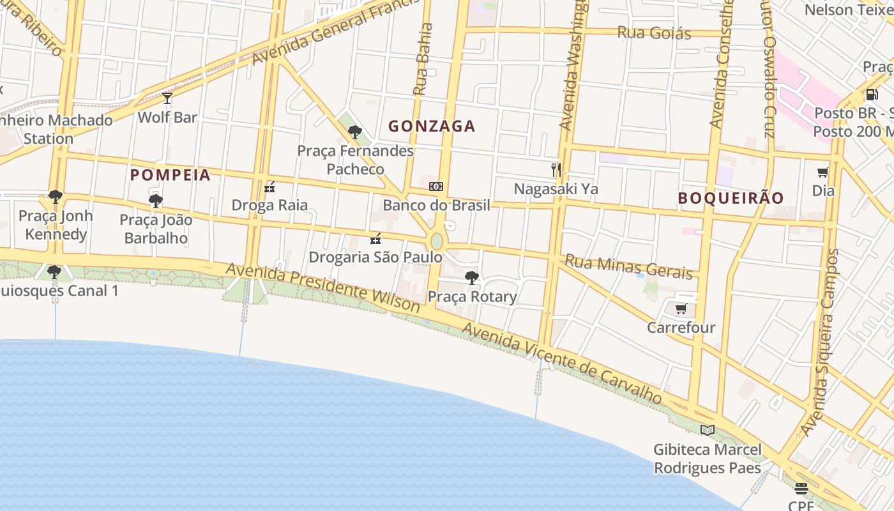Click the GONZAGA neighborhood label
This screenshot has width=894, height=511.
(x=432, y=126)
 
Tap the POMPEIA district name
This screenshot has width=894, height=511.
(x=170, y=175)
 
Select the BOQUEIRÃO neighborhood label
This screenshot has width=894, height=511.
(x=731, y=198)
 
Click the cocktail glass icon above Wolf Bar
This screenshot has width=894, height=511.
(x=167, y=98)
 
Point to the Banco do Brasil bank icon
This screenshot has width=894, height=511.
(x=436, y=187)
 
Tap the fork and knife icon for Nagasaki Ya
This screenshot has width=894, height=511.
(x=556, y=170)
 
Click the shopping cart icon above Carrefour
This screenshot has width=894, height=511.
(x=681, y=309)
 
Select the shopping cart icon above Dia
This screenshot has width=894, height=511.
(x=823, y=172)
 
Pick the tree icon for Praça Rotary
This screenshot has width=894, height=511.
(x=472, y=278)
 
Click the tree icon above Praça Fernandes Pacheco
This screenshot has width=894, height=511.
(x=355, y=132)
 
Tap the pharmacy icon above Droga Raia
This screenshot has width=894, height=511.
(x=269, y=187)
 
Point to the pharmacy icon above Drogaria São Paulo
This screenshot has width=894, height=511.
(x=375, y=239)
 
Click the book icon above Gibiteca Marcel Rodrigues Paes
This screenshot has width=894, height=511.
(x=707, y=430)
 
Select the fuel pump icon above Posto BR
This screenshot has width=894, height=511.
(x=872, y=95)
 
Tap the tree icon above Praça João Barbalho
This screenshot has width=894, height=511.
(x=156, y=201)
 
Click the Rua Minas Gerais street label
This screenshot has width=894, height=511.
(x=629, y=267)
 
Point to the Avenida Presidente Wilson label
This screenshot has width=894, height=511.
(x=322, y=287)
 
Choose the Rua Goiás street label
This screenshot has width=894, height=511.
(x=654, y=33)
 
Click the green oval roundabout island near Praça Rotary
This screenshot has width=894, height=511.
(x=437, y=241)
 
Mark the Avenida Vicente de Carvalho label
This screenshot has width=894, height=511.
(x=562, y=362)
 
